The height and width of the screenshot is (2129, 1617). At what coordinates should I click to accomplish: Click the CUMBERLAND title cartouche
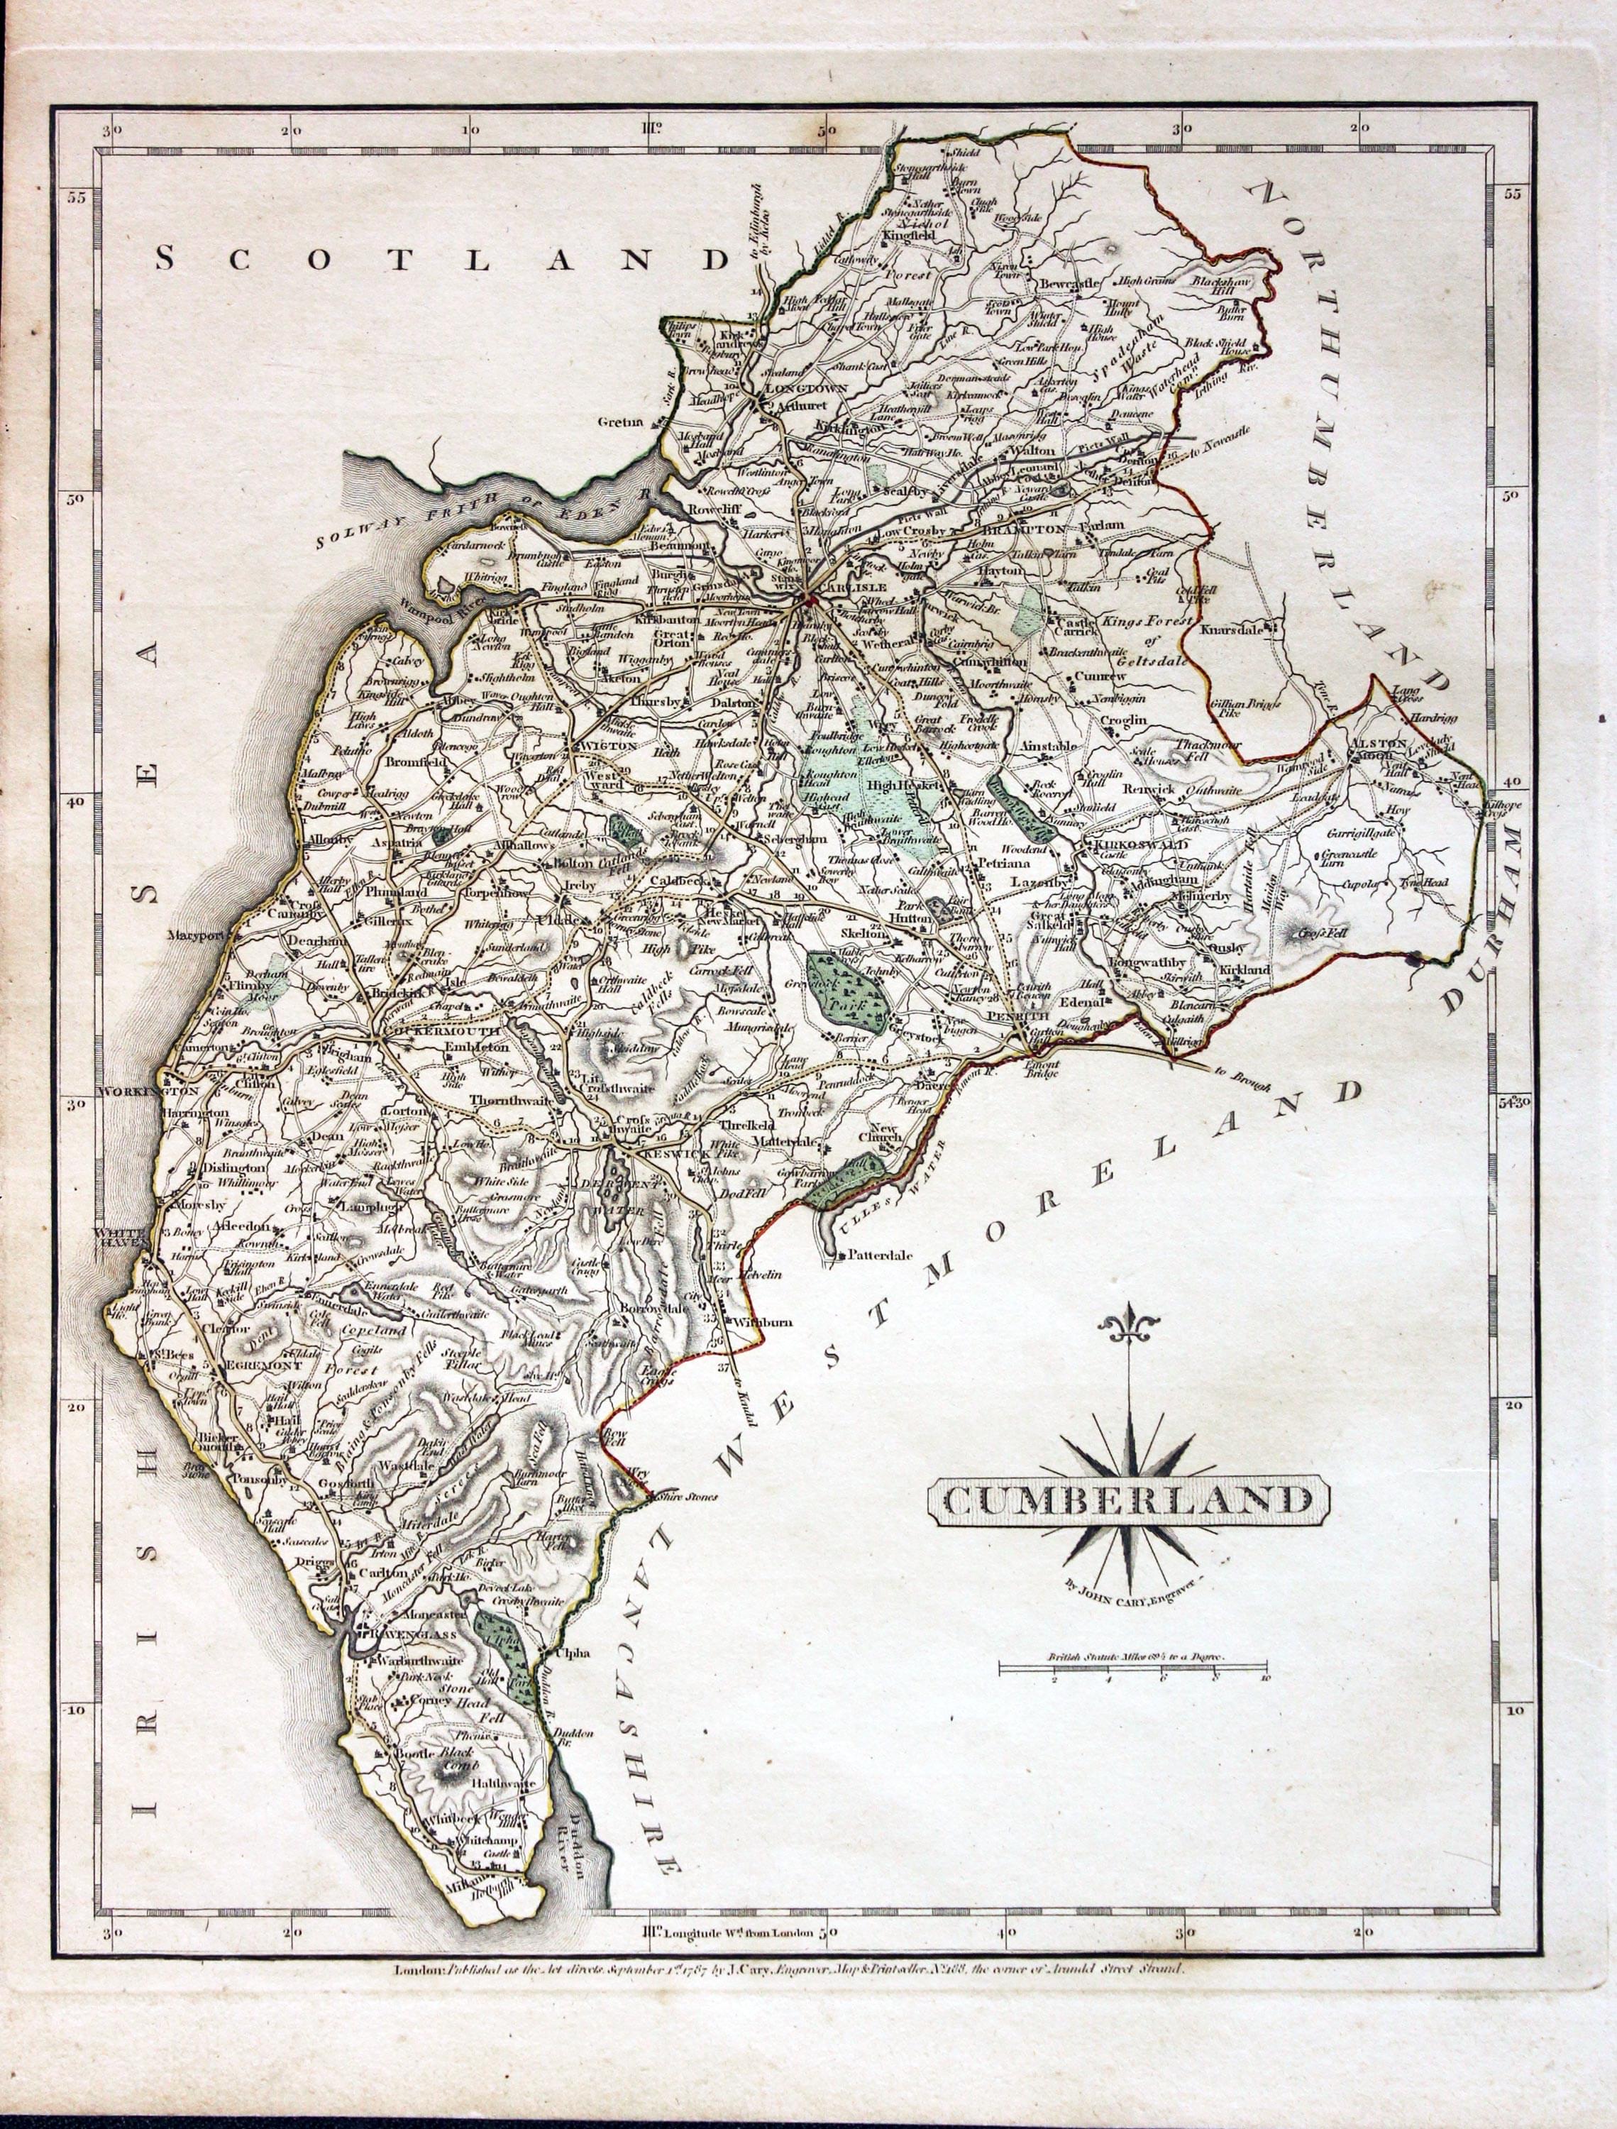click(1128, 1500)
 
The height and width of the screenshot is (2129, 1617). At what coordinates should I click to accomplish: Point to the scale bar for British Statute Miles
click(1132, 1668)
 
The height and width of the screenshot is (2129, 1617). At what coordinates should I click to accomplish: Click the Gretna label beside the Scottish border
click(619, 422)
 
